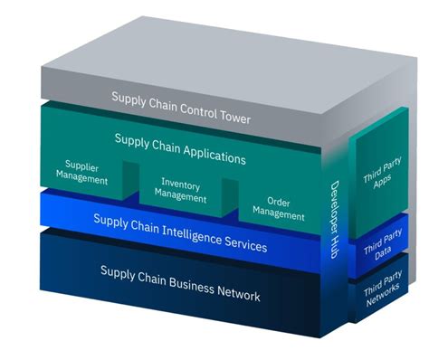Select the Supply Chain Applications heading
click(x=180, y=148)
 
